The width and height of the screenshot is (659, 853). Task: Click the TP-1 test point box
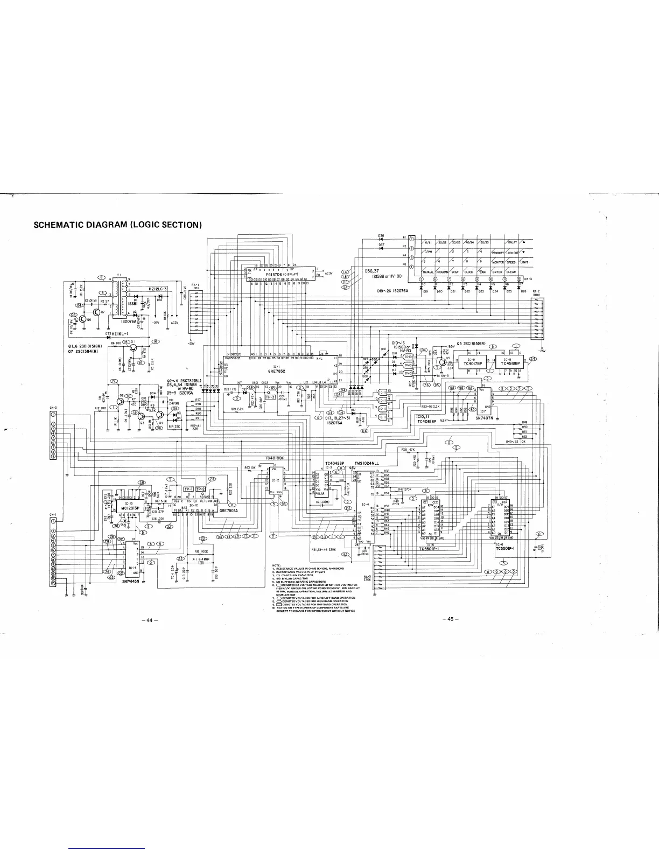(188, 489)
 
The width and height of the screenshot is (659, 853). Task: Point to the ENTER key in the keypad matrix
(497, 272)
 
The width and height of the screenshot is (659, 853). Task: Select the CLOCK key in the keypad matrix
(468, 272)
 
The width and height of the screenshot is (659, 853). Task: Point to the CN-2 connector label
(53, 408)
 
